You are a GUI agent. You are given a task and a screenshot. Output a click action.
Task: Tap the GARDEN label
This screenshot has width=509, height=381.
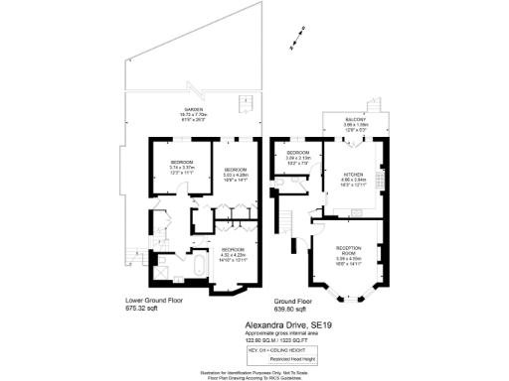192,110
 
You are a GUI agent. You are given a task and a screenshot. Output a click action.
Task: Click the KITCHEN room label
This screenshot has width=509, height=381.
355,174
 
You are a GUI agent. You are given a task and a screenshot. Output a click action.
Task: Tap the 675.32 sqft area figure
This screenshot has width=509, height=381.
143,309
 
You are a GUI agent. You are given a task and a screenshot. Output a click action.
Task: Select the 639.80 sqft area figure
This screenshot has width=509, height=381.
290,309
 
